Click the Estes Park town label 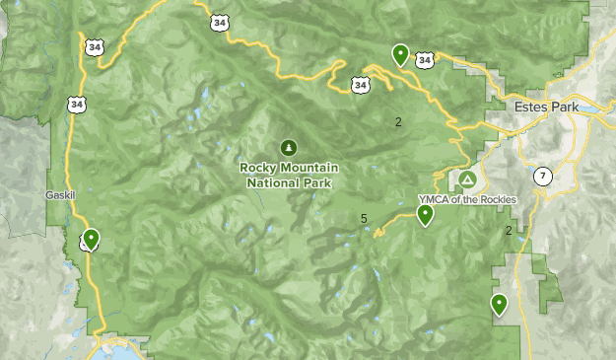pos(543,107)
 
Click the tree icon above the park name pos(288,148)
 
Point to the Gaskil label pos(60,195)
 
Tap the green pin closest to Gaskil pos(91,239)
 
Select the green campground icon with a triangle pos(466,180)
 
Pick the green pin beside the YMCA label pos(425,215)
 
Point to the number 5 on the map pos(364,219)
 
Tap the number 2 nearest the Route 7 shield pos(509,231)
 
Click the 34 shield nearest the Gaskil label pos(77,103)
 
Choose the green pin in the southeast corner pos(500,305)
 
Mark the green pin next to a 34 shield pos(400,54)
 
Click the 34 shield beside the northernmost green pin pos(424,60)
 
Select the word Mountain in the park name pos(308,167)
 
